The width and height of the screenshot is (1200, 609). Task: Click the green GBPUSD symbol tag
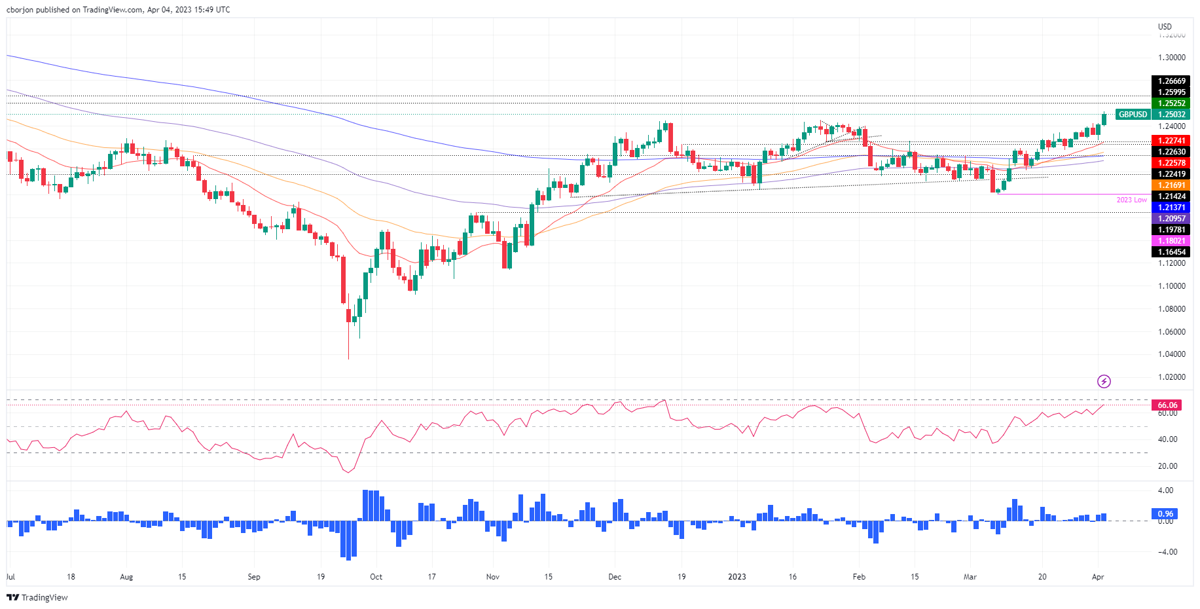[1133, 115]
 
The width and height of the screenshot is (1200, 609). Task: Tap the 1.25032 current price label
[1171, 115]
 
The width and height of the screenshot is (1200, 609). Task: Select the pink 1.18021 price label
[1171, 241]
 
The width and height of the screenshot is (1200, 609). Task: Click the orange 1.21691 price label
[1171, 185]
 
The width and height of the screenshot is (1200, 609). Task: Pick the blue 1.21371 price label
[1171, 208]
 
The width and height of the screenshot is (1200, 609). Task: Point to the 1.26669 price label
[1171, 81]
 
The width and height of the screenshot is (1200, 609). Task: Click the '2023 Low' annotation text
[1131, 200]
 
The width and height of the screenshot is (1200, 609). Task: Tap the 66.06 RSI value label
[1167, 405]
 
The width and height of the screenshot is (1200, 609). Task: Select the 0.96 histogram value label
[1165, 514]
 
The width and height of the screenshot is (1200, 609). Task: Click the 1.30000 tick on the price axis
[1171, 58]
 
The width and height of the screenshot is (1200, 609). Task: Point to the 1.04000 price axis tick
[1171, 354]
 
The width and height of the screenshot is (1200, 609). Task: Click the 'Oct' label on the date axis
[376, 577]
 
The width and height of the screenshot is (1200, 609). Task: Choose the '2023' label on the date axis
[737, 577]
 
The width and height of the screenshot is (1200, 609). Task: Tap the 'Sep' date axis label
[254, 577]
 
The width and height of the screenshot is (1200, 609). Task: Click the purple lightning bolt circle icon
[1104, 381]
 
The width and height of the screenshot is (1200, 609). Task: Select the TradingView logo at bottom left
[37, 597]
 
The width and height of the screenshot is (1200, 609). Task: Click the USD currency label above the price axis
[1165, 27]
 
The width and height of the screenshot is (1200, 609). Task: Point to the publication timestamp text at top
[118, 10]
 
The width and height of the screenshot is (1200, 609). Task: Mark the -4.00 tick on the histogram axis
[1165, 552]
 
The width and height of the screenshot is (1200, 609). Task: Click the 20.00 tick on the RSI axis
[1167, 466]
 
